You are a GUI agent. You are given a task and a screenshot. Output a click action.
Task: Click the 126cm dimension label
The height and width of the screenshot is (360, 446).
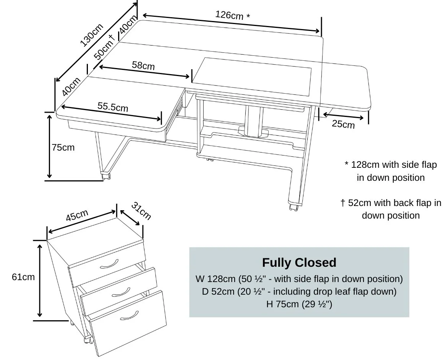pos(233,15)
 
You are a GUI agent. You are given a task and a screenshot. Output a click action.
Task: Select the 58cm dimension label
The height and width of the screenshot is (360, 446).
pos(143,65)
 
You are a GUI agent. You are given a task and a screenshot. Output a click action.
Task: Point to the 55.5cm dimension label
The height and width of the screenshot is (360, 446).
pos(113,107)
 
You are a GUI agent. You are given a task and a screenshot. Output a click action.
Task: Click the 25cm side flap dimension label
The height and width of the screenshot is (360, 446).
pos(343,124)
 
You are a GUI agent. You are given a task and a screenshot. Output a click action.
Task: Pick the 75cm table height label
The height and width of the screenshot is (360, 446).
pos(63,147)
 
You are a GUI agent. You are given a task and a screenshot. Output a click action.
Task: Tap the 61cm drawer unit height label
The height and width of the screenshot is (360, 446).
pos(23,277)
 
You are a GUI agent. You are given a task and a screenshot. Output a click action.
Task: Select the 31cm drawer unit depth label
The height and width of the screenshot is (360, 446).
pos(141,211)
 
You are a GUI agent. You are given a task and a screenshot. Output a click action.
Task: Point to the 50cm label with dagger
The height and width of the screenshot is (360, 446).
pos(105,47)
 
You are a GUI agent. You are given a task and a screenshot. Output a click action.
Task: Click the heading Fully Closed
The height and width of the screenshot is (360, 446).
pos(299,263)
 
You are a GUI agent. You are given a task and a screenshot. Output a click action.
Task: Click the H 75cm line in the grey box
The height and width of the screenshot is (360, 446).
pos(299,305)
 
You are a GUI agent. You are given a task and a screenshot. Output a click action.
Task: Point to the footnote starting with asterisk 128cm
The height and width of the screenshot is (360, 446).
pos(391,171)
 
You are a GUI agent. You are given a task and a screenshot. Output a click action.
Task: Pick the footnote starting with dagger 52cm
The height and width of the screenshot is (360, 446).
pos(391,209)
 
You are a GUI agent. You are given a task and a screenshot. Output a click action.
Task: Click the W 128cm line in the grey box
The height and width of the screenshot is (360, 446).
pos(299,279)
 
